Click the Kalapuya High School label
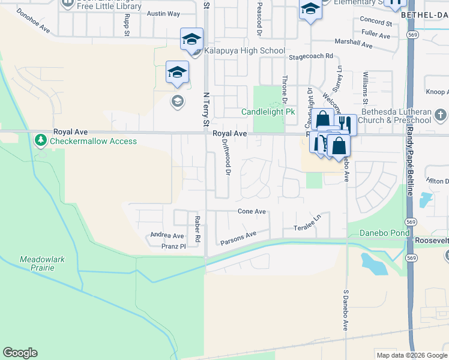point(244,51)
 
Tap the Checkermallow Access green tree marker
point(41,141)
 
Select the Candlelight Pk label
point(268,112)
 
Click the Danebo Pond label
point(384,233)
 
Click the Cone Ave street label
point(252,212)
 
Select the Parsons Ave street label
point(238,238)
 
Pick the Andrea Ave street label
point(167,236)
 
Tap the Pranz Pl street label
point(174,246)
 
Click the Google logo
point(20,353)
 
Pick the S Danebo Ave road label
point(346,311)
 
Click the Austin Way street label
point(163,14)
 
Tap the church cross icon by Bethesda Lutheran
point(440,114)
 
